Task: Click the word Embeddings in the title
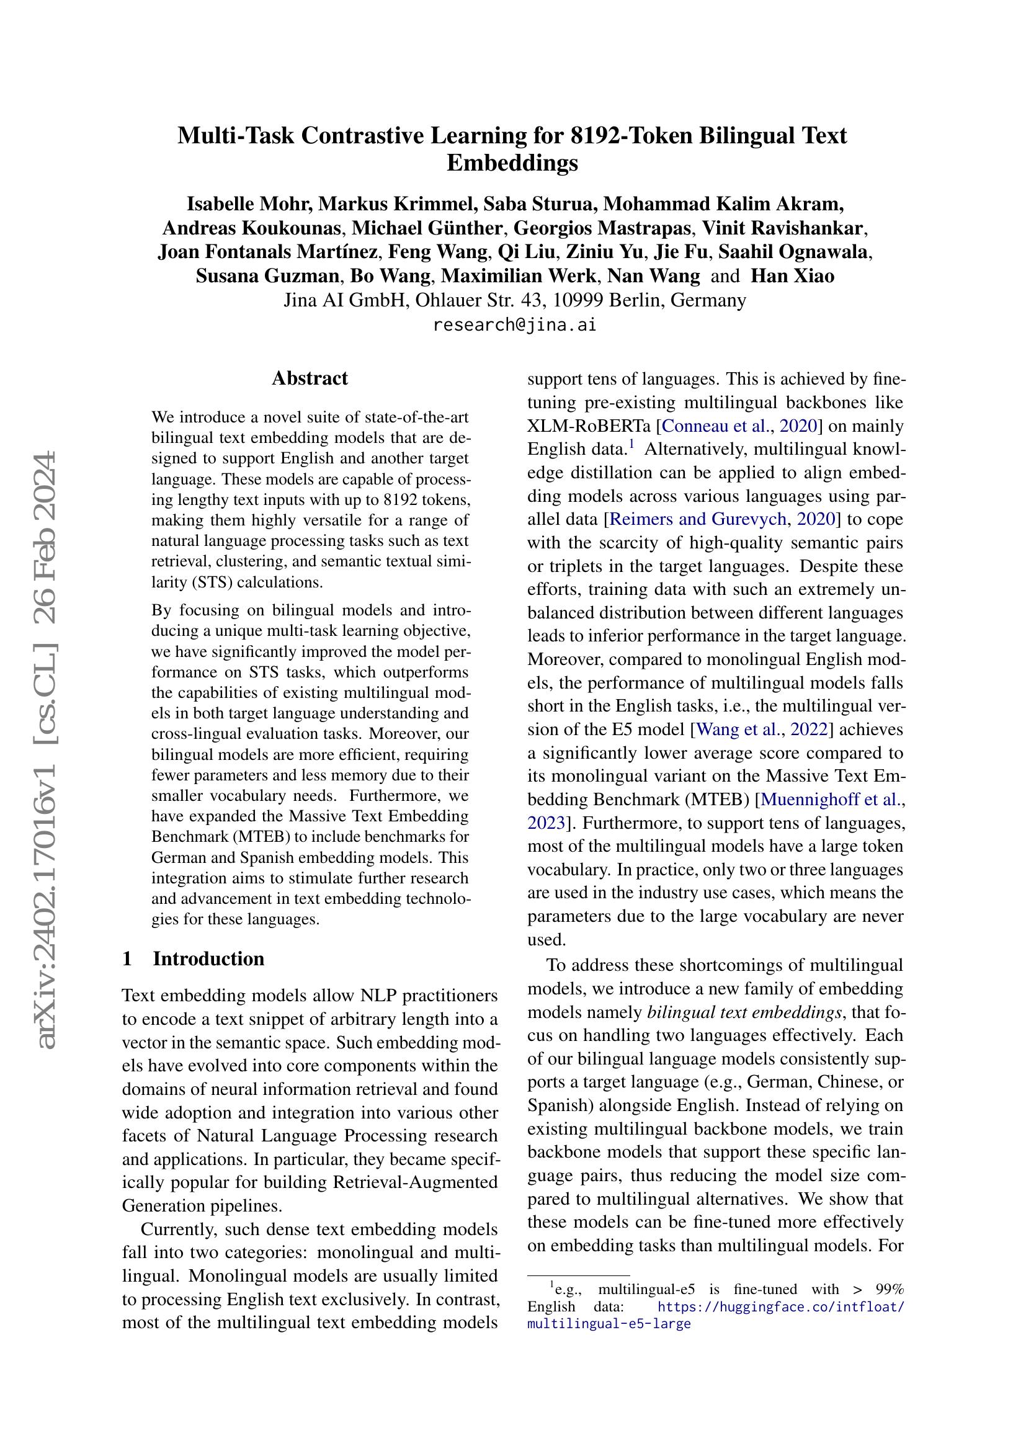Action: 512,163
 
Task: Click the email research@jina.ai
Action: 514,325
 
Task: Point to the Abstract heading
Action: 310,378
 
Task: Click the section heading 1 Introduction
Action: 193,958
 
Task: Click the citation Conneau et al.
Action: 713,426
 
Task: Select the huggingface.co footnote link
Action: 781,1307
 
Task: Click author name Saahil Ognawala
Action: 794,251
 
